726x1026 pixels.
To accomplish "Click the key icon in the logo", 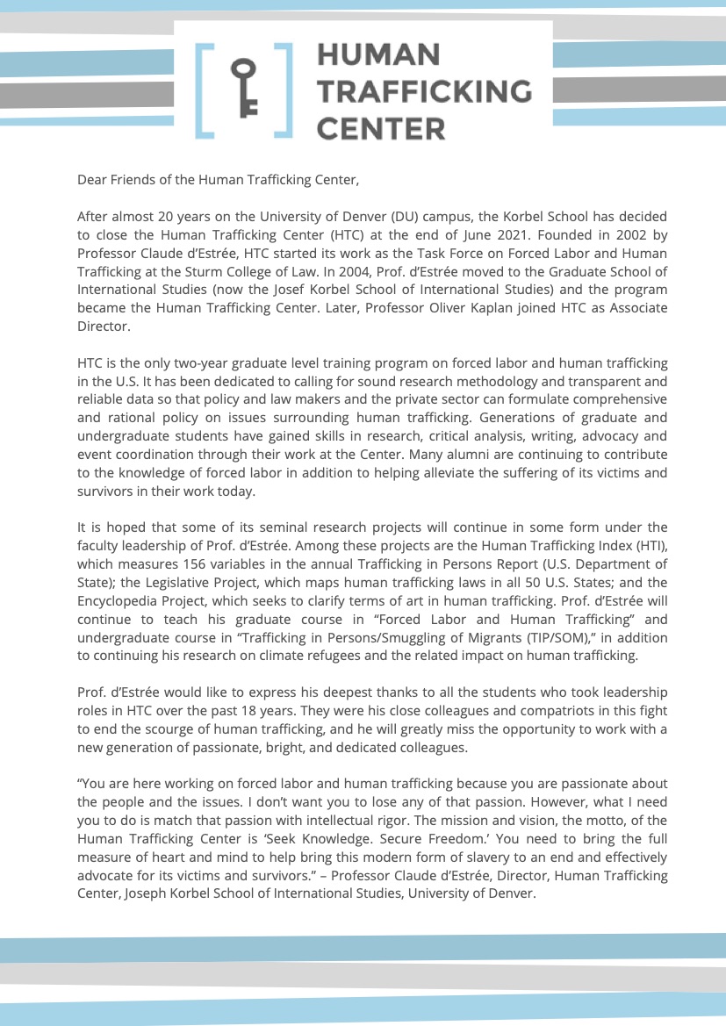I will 244,90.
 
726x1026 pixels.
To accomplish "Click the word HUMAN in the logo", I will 377,54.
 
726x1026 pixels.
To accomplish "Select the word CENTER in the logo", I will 380,130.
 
